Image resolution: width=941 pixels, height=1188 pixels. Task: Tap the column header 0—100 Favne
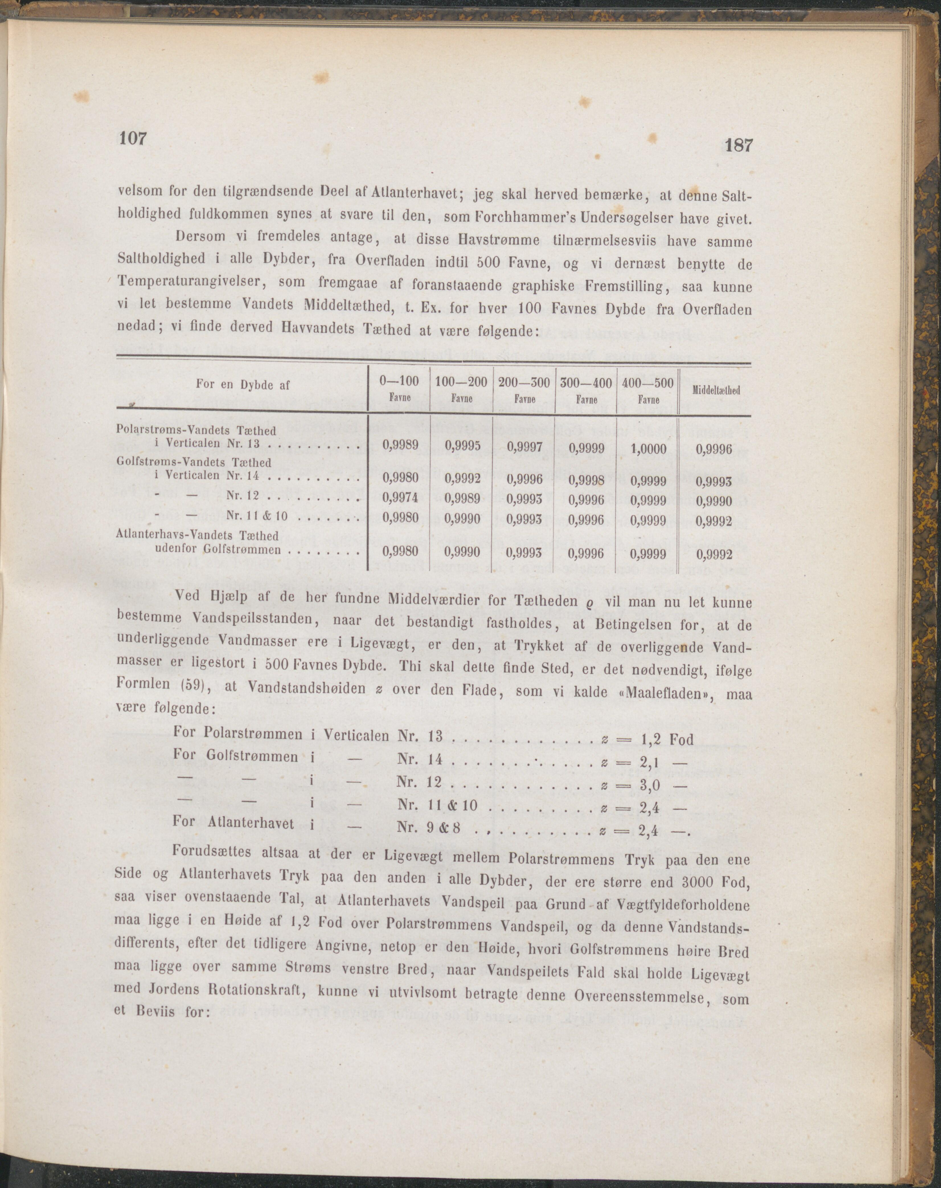[x=399, y=389]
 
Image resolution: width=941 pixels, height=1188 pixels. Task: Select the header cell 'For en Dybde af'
[x=242, y=386]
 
